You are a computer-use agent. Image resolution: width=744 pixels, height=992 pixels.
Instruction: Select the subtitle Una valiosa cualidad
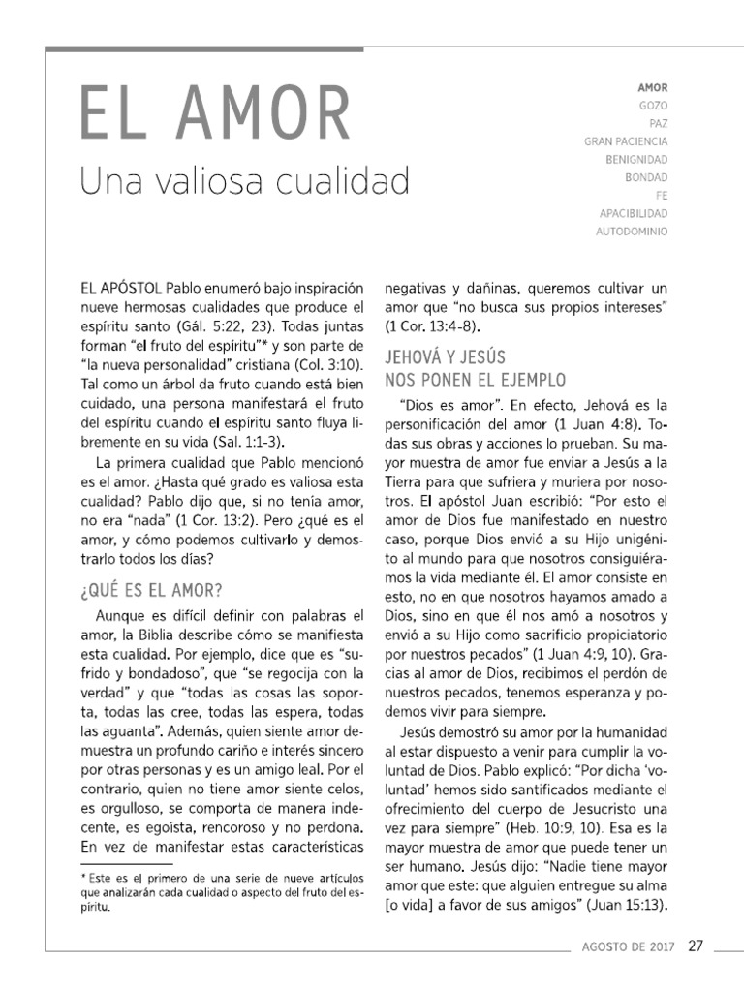click(244, 180)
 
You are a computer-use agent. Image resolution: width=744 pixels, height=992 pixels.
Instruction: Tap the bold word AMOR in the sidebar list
click(652, 87)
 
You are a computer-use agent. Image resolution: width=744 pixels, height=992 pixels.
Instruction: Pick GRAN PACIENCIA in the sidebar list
click(626, 141)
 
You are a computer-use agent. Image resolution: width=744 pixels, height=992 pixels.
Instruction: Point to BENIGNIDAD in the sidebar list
click(636, 159)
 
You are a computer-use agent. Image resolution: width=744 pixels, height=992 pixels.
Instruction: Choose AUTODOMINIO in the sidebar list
click(633, 231)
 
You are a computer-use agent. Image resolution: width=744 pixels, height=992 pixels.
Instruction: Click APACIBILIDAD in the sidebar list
click(634, 212)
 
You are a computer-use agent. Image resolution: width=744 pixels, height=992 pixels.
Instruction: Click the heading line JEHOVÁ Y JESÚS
click(445, 356)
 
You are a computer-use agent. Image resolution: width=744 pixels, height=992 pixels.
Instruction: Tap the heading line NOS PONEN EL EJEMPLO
click(476, 378)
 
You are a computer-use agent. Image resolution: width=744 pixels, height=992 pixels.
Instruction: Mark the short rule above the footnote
click(126, 862)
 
